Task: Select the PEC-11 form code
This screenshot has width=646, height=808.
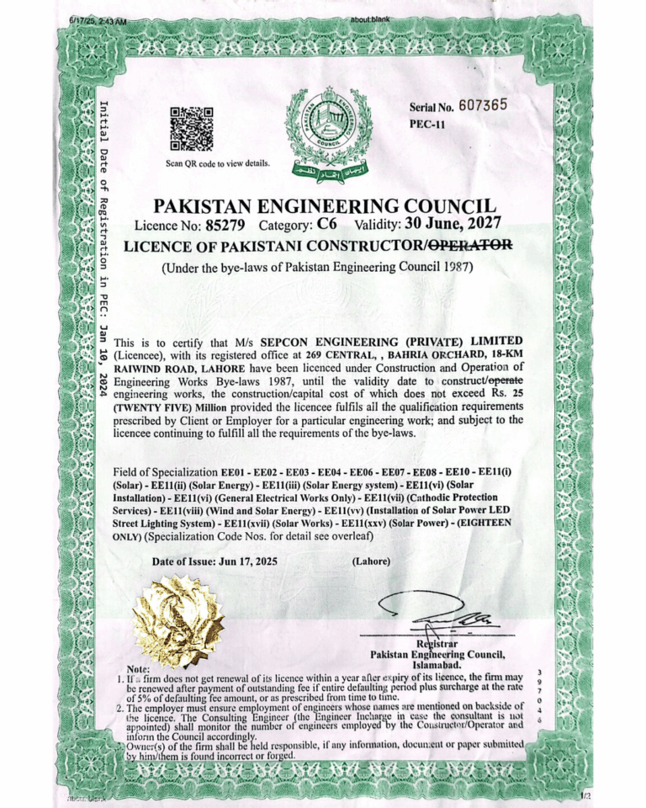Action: point(427,125)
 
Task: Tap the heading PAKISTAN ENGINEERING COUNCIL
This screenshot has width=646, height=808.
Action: point(325,205)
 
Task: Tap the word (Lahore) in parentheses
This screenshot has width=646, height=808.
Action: point(369,561)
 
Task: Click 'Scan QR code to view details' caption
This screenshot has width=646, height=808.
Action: point(217,163)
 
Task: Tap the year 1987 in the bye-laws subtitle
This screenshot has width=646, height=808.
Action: point(457,268)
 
